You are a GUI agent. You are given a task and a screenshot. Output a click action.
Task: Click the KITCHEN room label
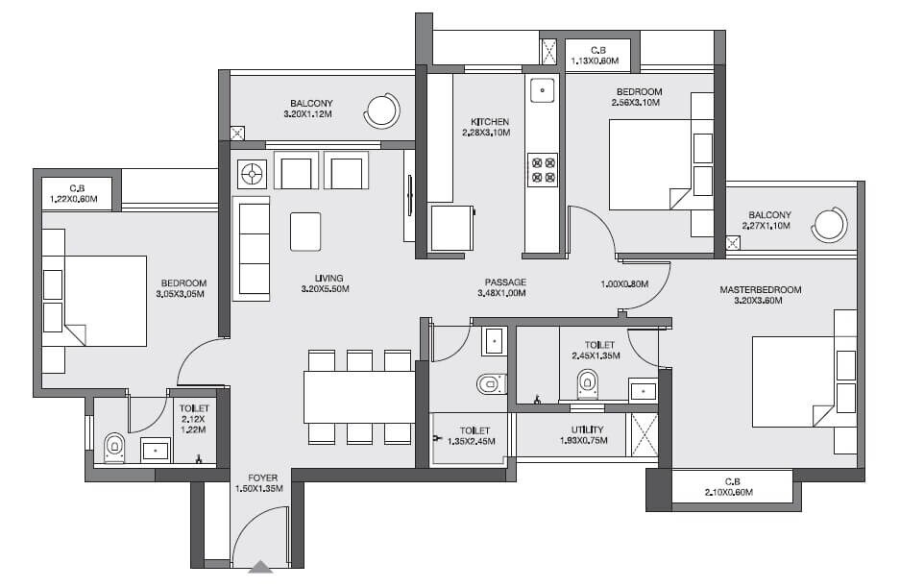tap(490, 122)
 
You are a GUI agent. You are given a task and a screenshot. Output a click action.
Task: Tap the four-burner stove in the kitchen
tap(543, 170)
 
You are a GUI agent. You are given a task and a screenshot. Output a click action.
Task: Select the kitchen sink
tap(543, 92)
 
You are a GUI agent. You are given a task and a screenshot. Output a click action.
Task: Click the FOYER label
tap(263, 476)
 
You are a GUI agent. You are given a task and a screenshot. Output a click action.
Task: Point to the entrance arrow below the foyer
tap(260, 568)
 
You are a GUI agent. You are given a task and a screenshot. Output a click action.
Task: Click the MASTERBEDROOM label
tap(761, 289)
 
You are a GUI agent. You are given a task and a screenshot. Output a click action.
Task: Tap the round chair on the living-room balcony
tap(381, 111)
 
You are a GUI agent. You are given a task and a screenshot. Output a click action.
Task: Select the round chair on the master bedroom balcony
tap(829, 226)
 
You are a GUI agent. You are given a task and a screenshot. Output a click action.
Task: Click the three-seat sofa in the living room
tap(252, 247)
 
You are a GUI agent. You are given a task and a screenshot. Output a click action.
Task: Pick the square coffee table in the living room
tap(305, 232)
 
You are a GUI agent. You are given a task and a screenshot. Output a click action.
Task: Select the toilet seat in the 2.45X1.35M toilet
tap(587, 385)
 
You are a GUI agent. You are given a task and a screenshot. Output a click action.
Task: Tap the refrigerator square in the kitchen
tap(450, 230)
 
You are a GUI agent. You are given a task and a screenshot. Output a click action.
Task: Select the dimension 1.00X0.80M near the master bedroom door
tap(624, 284)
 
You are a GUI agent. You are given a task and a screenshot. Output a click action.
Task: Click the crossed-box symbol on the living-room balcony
tap(237, 133)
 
